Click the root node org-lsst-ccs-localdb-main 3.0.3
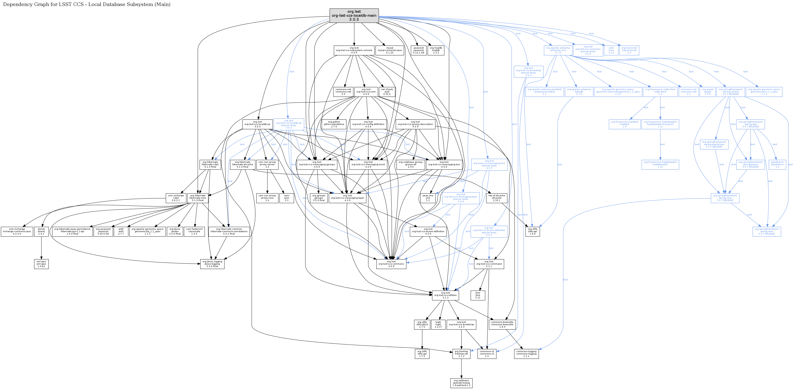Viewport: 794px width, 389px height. (x=354, y=15)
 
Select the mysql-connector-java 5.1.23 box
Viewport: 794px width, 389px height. (x=390, y=50)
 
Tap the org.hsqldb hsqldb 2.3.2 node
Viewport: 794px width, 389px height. (x=436, y=50)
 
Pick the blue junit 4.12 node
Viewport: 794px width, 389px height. (x=611, y=50)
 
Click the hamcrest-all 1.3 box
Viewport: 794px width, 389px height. (x=629, y=50)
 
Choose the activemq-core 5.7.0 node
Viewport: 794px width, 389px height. (x=558, y=50)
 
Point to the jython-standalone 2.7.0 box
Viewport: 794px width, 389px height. (x=334, y=124)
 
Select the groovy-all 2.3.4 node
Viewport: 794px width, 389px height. (x=411, y=164)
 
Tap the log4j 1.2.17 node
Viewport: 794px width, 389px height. (x=438, y=324)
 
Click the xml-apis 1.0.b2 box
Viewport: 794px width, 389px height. (x=41, y=264)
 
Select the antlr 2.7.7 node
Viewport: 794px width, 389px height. (x=121, y=231)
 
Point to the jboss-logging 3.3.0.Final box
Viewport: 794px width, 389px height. (x=212, y=264)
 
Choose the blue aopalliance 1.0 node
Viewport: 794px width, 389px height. (x=777, y=164)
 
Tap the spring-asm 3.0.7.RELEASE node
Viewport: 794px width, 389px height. (x=767, y=231)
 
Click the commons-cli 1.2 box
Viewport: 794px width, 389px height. (x=487, y=354)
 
